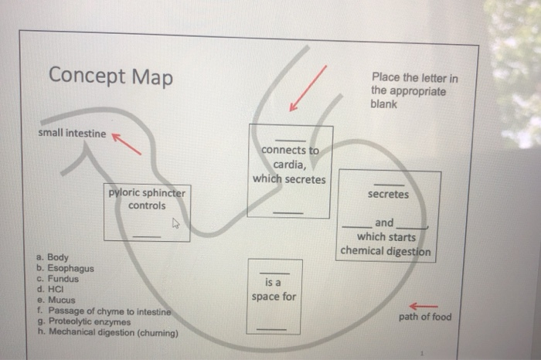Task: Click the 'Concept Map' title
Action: (x=111, y=77)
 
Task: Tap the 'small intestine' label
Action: (x=72, y=134)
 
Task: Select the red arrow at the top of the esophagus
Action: (x=308, y=88)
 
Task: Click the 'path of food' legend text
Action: (x=425, y=317)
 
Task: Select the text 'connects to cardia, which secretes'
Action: (x=290, y=165)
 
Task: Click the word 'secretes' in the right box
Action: (x=388, y=195)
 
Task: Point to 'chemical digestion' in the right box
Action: (x=385, y=251)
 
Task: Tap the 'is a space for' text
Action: (x=274, y=290)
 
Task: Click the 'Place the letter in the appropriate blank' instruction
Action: (x=413, y=91)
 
